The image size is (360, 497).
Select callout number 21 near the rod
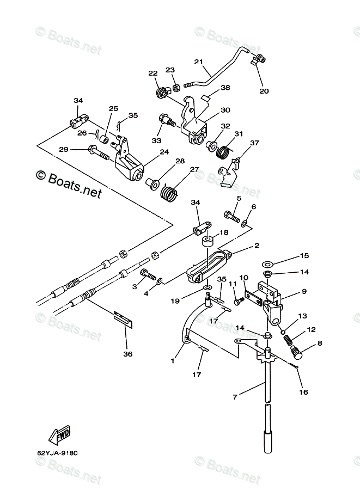[x=198, y=62]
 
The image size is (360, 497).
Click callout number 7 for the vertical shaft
[x=235, y=397]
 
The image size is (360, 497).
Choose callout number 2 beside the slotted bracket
[x=256, y=246]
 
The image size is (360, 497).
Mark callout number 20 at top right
[x=264, y=91]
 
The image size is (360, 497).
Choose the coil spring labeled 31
[x=223, y=151]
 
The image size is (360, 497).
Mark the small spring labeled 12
[x=289, y=340]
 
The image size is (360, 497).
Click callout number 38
[x=225, y=88]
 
